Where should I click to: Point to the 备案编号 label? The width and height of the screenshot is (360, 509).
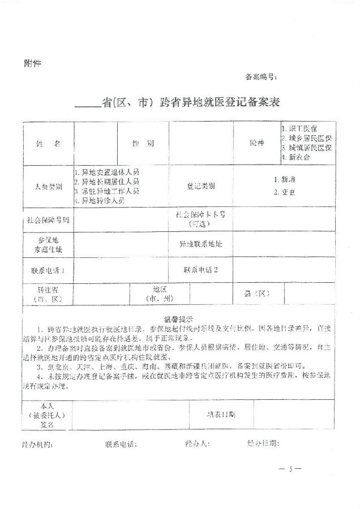click(x=261, y=76)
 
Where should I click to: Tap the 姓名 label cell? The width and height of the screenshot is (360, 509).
click(x=48, y=144)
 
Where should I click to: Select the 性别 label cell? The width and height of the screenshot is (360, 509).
click(x=143, y=144)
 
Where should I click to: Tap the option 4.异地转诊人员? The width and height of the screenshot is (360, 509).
click(x=102, y=200)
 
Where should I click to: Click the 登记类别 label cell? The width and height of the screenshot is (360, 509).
click(x=201, y=186)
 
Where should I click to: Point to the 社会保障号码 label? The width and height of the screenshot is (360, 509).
click(x=48, y=219)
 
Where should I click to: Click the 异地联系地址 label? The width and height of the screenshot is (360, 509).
click(x=201, y=244)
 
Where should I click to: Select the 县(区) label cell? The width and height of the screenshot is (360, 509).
click(x=258, y=294)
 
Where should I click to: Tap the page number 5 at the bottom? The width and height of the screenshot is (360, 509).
click(x=290, y=469)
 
